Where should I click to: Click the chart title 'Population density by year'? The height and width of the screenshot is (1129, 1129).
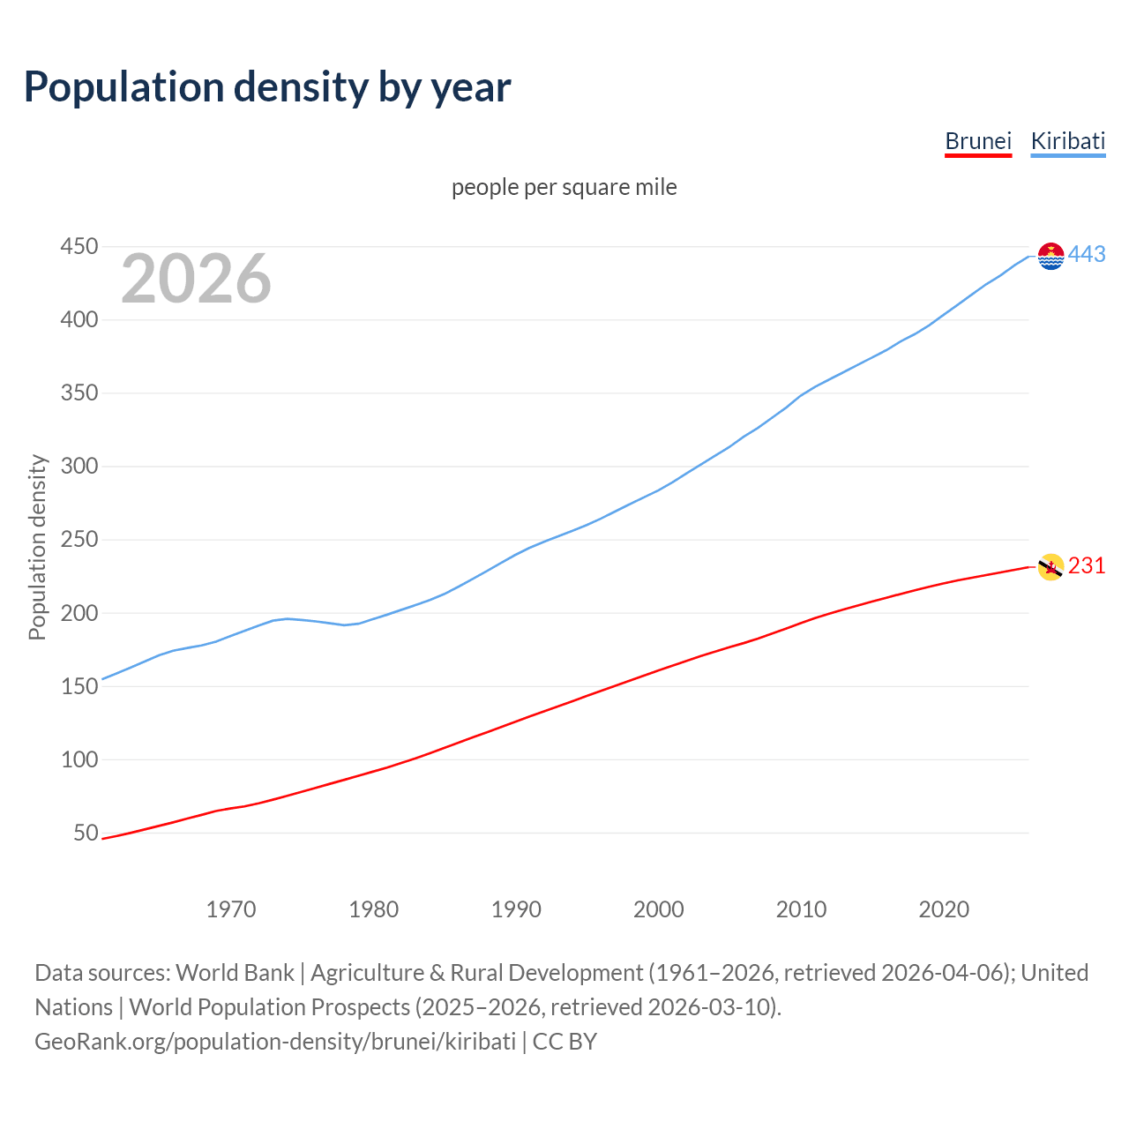[267, 86]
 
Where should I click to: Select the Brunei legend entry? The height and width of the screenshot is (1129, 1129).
[977, 141]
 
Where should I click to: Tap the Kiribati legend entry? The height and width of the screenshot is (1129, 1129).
[1067, 141]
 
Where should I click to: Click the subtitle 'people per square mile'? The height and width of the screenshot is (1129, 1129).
[564, 187]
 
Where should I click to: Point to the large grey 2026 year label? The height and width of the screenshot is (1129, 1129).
[196, 279]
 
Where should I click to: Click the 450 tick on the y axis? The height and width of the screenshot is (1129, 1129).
[79, 246]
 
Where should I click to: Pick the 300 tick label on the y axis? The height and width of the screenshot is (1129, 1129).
[79, 466]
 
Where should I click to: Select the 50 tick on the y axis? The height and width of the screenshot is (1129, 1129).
[86, 833]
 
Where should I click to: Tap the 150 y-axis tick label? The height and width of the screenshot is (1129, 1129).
[79, 686]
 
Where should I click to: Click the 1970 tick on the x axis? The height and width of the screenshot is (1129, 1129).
[231, 909]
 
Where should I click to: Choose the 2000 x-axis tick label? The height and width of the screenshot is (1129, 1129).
[659, 909]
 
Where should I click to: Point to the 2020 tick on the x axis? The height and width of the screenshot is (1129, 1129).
[944, 909]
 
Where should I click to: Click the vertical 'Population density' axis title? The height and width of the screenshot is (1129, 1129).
[37, 547]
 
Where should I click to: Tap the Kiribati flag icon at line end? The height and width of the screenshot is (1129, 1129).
[1050, 256]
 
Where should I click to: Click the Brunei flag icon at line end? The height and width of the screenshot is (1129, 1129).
[1050, 567]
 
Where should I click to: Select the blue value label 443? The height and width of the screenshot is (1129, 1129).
[1087, 254]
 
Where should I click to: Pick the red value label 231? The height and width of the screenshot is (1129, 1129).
[1087, 565]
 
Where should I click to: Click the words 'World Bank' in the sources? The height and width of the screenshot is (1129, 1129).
[235, 972]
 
